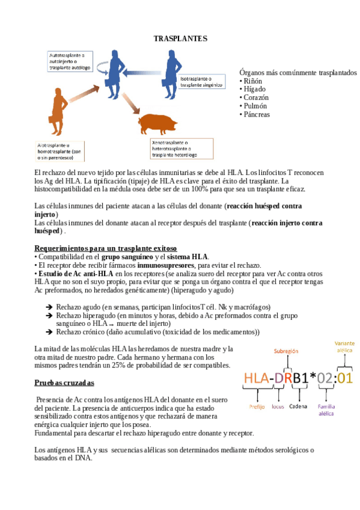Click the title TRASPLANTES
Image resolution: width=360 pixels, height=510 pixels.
(180, 38)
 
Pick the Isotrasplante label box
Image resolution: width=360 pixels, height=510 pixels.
(202, 82)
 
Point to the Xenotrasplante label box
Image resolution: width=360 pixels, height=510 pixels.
(181, 148)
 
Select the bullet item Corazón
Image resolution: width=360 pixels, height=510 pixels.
(255, 97)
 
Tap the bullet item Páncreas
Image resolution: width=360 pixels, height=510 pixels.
(255, 114)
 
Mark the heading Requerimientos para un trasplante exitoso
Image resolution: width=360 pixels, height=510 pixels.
(106, 248)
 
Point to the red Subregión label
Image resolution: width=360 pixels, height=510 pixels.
(285, 351)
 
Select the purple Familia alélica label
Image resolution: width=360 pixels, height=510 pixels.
(326, 410)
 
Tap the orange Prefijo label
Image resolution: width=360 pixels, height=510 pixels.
(257, 407)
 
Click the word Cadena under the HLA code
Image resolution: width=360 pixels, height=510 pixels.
(297, 406)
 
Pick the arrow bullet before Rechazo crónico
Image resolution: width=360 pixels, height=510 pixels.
(49, 331)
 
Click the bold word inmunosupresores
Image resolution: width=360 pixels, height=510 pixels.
(165, 265)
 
